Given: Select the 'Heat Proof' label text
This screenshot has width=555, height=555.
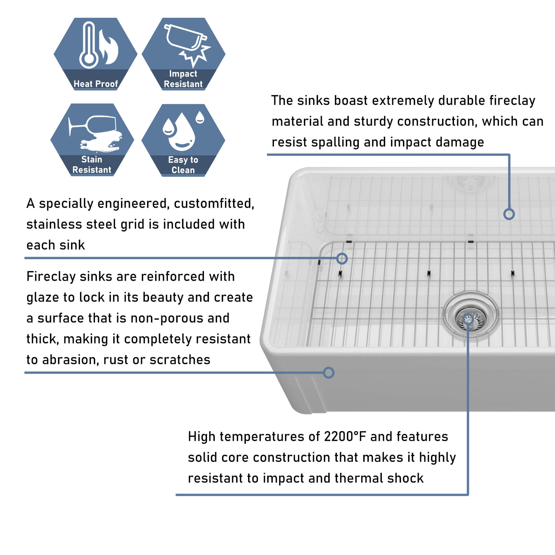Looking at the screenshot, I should coord(96,84).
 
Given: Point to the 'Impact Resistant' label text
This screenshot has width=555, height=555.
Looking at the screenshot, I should coord(183,79).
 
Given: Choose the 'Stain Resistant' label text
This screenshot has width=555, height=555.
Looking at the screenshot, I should coord(92,165).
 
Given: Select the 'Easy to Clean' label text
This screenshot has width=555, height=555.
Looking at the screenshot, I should coord(183,165).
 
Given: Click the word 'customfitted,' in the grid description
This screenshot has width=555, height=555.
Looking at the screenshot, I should coord(214,204).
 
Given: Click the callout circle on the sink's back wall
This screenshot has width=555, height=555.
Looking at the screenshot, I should coord(509,214).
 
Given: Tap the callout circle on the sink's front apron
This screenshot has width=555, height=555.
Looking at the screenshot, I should coord(328,373).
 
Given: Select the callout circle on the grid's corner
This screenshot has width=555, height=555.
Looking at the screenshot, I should coord(342,259).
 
